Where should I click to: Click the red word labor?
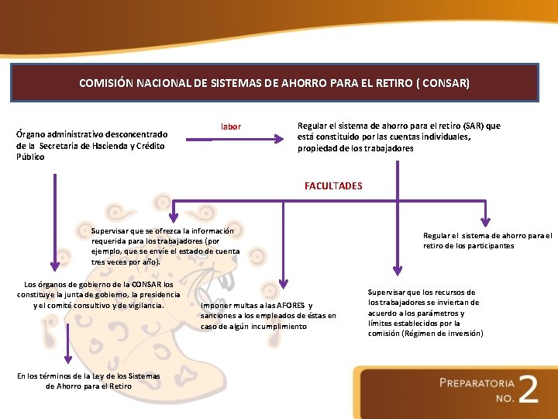point(231,126)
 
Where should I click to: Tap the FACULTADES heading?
point(333,186)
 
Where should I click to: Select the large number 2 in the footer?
point(528,389)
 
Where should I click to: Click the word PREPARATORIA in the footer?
point(477,383)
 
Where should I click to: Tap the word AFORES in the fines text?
point(289,305)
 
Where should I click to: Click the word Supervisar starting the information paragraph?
point(112,230)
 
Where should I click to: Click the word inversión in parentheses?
point(463,333)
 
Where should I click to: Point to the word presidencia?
point(158,294)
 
